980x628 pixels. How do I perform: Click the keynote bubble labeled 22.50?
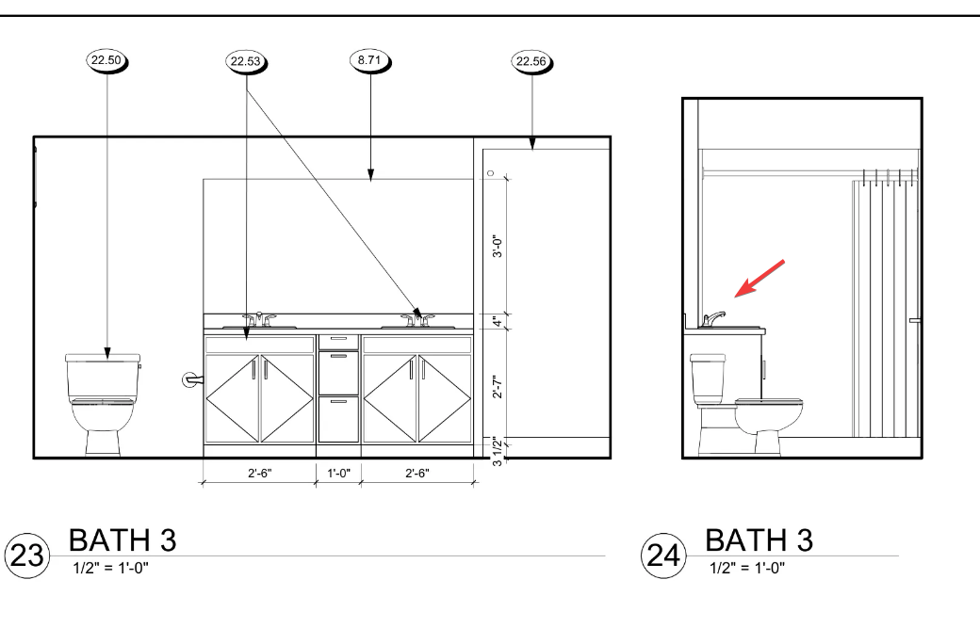(x=106, y=61)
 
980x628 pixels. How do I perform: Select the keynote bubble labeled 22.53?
(x=246, y=62)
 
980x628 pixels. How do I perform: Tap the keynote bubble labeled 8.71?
(x=369, y=61)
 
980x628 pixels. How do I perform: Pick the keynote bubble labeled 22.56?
(x=531, y=62)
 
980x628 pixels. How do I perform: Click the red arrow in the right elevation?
(x=759, y=279)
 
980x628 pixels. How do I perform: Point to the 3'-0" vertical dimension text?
(x=498, y=246)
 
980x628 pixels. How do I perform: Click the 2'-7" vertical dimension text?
(x=498, y=387)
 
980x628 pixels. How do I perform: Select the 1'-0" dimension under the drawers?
(x=338, y=474)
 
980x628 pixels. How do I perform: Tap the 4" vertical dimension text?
(x=498, y=321)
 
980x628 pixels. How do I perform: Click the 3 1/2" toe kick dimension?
(x=498, y=451)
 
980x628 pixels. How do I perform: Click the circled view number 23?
(x=27, y=555)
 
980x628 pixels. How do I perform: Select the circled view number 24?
(x=663, y=555)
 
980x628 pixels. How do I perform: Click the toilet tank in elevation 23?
(x=103, y=377)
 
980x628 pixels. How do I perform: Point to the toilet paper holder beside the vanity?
(x=192, y=379)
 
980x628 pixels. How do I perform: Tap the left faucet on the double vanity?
(x=259, y=319)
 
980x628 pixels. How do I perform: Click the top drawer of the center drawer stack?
(x=338, y=342)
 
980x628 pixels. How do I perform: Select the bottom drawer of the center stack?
(x=338, y=420)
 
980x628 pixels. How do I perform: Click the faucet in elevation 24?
(x=712, y=319)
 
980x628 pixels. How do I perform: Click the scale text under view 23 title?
(x=110, y=568)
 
